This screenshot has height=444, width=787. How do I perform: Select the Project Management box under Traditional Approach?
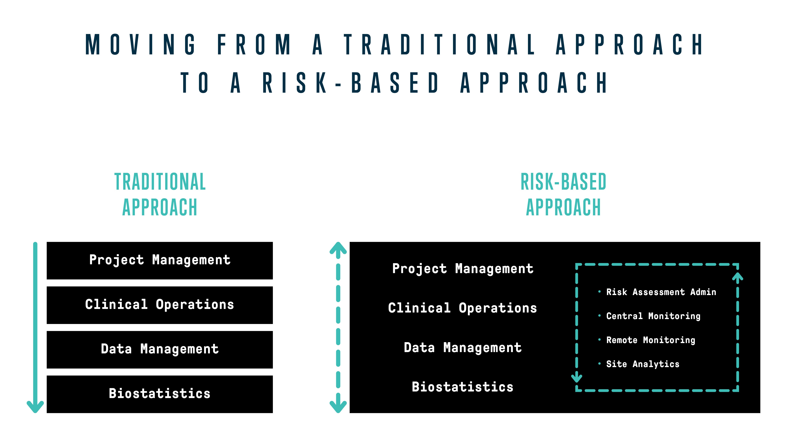tap(159, 261)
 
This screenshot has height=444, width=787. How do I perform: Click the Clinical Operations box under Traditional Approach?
tap(159, 305)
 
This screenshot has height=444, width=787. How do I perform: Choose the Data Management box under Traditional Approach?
tap(159, 349)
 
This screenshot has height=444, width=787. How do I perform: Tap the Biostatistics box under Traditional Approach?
tap(159, 394)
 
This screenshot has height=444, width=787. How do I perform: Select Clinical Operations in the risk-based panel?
tap(462, 308)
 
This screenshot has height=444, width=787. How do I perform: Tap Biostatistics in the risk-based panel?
tap(462, 387)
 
